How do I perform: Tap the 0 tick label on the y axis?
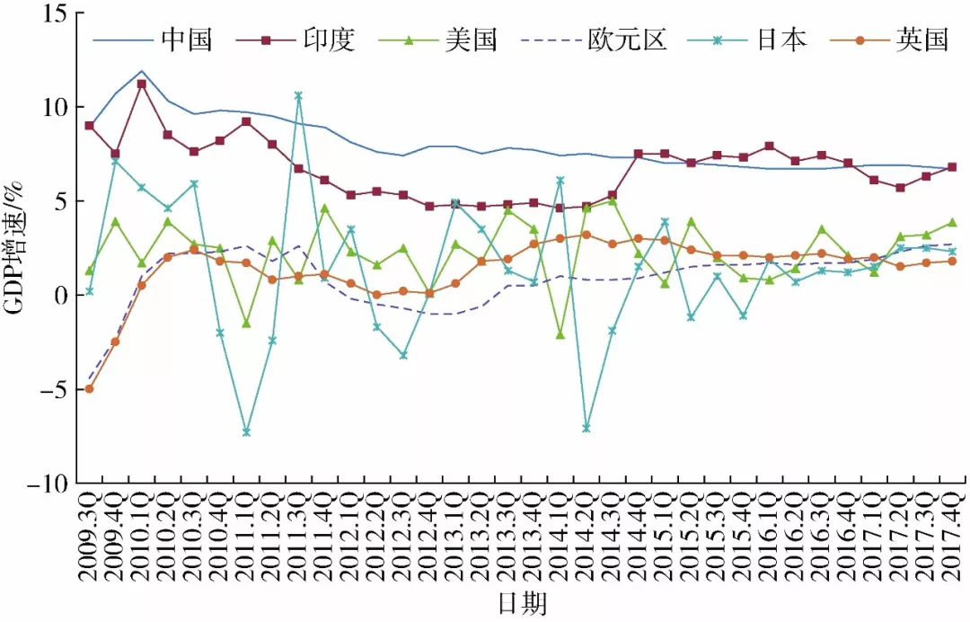[61, 295]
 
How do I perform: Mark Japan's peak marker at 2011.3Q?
[298, 95]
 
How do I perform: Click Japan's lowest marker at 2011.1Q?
[246, 431]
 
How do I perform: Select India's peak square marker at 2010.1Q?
[142, 84]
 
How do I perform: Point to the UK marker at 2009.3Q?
[89, 389]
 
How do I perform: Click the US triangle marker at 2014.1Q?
[560, 334]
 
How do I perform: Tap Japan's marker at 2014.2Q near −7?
[586, 428]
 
